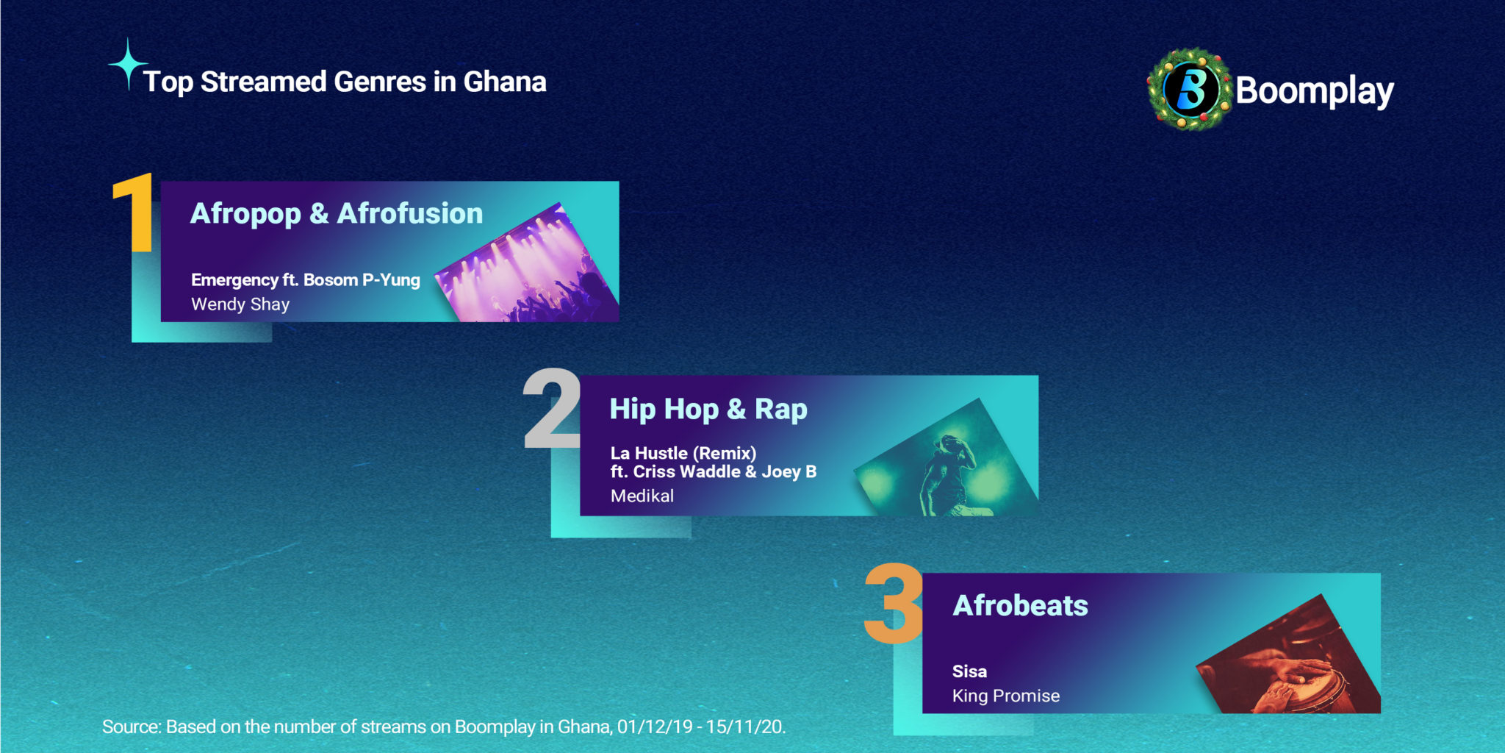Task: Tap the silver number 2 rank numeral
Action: tap(552, 408)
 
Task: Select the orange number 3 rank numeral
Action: tap(894, 604)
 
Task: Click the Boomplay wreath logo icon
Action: tap(1190, 90)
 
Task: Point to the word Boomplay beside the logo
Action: tap(1315, 92)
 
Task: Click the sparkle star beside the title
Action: tap(128, 65)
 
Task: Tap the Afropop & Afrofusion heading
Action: tap(337, 214)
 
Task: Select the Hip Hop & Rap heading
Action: tap(708, 410)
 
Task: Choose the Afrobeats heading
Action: tap(1020, 606)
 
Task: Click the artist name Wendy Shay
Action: tap(240, 304)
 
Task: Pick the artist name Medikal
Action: tap(642, 496)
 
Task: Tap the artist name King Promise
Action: tap(1006, 696)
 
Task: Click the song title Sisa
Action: tap(969, 671)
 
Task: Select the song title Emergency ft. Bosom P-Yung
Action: tap(306, 280)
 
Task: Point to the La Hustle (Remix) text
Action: tap(683, 453)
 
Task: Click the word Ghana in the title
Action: tap(505, 82)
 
